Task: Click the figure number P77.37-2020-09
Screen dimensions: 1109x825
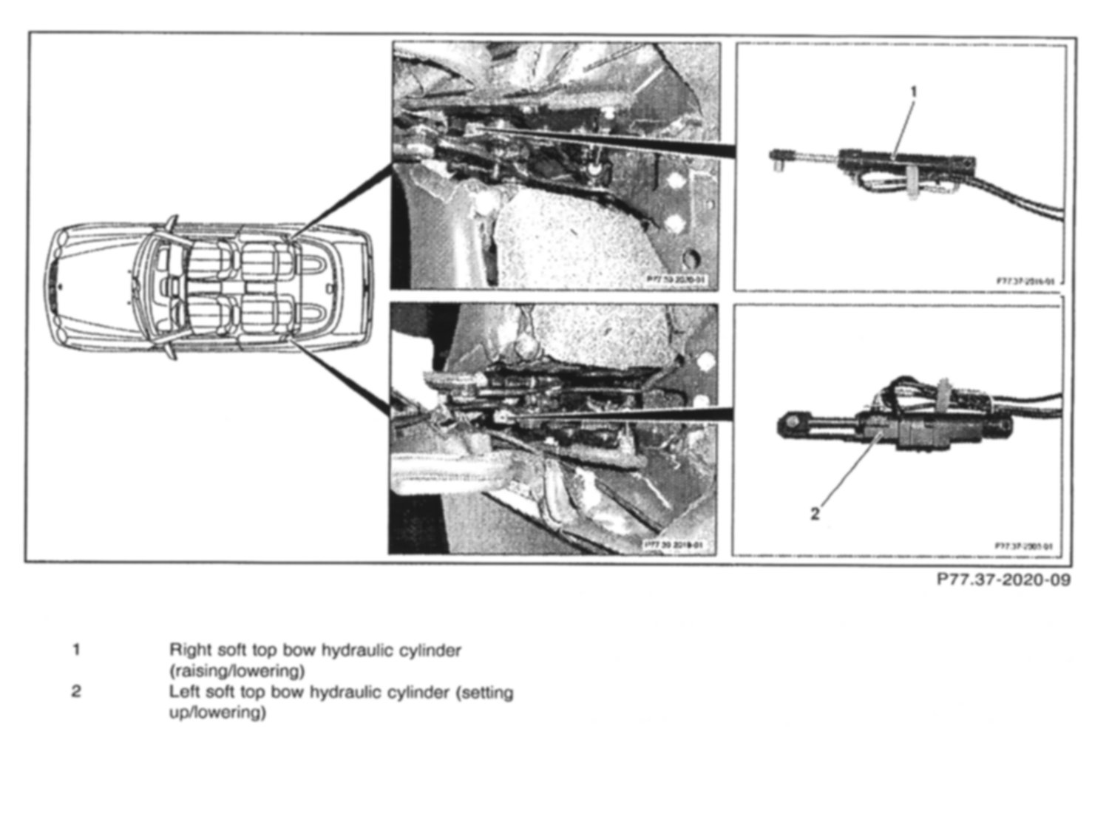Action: [x=1003, y=580]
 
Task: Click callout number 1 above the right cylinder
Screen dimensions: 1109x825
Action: [x=913, y=92]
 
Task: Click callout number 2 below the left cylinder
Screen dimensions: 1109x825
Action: [x=815, y=514]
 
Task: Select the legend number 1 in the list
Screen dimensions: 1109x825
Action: [x=76, y=651]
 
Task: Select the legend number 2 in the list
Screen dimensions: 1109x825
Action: [x=76, y=693]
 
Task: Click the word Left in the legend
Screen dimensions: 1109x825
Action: [x=184, y=693]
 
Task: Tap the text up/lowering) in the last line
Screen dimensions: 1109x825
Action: [x=217, y=713]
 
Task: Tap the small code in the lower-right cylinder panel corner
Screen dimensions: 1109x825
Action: [x=1024, y=546]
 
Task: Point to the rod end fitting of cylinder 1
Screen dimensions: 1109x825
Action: [x=779, y=157]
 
